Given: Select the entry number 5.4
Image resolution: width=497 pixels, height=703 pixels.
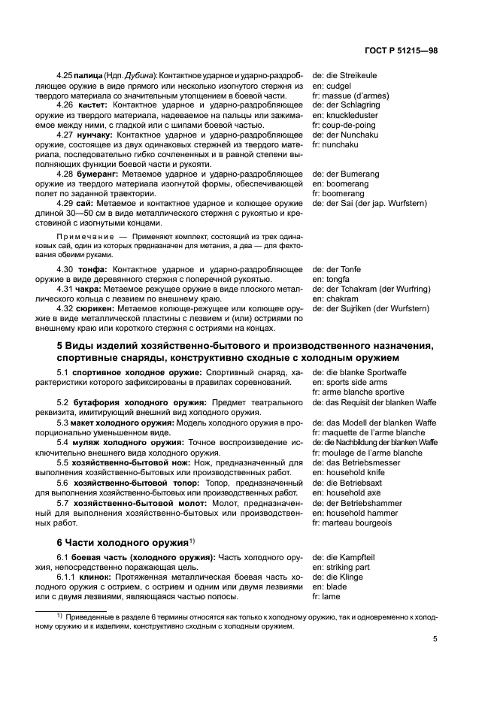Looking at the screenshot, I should (64, 443).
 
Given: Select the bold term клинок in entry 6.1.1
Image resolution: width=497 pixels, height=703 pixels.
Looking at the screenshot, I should (93, 577).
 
